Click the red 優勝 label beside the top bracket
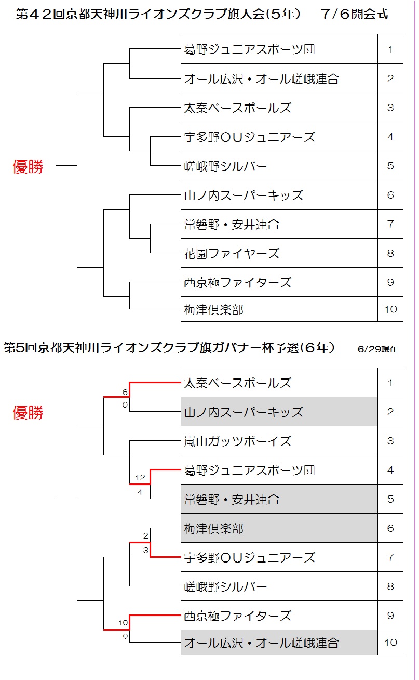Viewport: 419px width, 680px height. [x=28, y=166]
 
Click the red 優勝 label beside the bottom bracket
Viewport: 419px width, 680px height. [x=28, y=412]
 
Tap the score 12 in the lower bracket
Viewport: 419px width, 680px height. [x=140, y=478]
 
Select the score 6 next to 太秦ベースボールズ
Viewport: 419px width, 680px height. [x=125, y=392]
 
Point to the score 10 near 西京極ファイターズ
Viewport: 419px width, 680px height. [x=123, y=623]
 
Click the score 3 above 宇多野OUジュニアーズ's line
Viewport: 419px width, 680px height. [x=145, y=550]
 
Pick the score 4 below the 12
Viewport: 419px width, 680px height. [x=140, y=492]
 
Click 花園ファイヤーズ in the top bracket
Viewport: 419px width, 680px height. [x=232, y=254]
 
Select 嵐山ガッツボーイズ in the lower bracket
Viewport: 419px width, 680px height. [x=238, y=441]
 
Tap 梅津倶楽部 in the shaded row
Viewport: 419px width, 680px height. [x=214, y=529]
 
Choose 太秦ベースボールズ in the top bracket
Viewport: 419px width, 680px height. [x=238, y=108]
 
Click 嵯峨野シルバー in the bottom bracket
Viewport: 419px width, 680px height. [x=225, y=587]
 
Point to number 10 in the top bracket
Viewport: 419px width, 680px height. [x=390, y=309]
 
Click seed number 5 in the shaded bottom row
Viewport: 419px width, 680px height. [x=390, y=499]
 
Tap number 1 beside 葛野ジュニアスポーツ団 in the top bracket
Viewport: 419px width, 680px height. [x=390, y=49]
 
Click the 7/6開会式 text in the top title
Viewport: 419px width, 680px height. [x=354, y=14]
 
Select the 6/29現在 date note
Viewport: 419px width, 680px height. [x=377, y=349]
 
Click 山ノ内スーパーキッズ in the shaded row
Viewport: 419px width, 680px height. [x=244, y=412]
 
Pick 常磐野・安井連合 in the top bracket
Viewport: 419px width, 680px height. [x=232, y=225]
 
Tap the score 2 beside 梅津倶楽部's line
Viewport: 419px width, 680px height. [x=145, y=535]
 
